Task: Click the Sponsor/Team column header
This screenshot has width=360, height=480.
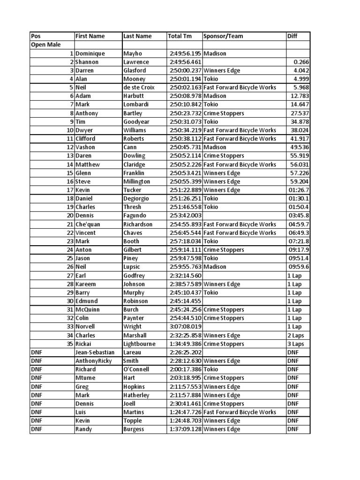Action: pos(223,36)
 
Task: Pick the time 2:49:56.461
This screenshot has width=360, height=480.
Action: pos(185,62)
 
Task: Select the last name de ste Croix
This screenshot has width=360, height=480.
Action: pos(139,88)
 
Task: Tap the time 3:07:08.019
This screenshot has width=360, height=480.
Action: pos(185,327)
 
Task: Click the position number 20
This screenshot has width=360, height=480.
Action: pos(70,216)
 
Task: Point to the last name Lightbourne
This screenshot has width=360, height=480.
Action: pos(139,344)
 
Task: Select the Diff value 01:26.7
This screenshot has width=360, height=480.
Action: pos(298,190)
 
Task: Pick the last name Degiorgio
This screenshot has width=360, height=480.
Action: pos(136,198)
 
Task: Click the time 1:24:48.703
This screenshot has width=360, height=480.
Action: pos(185,420)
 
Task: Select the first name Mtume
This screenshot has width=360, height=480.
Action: pos(85,378)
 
